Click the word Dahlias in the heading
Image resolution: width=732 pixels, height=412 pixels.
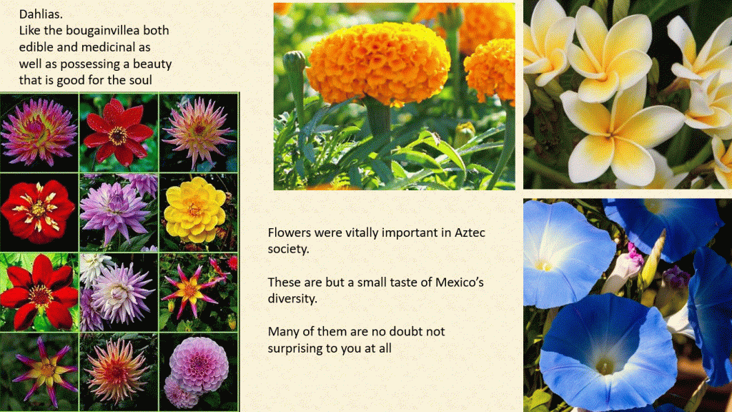[x=41, y=14]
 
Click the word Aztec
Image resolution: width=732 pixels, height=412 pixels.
[x=470, y=232]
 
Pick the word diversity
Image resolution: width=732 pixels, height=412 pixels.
[x=292, y=298]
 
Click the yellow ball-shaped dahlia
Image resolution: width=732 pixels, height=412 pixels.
[x=194, y=210]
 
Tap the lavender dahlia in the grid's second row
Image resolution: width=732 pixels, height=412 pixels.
[x=114, y=210]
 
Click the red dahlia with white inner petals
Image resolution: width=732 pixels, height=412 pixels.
[x=38, y=211]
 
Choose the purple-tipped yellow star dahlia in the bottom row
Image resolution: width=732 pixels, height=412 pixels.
[x=45, y=371]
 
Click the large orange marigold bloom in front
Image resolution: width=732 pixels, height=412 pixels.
[x=378, y=69]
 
